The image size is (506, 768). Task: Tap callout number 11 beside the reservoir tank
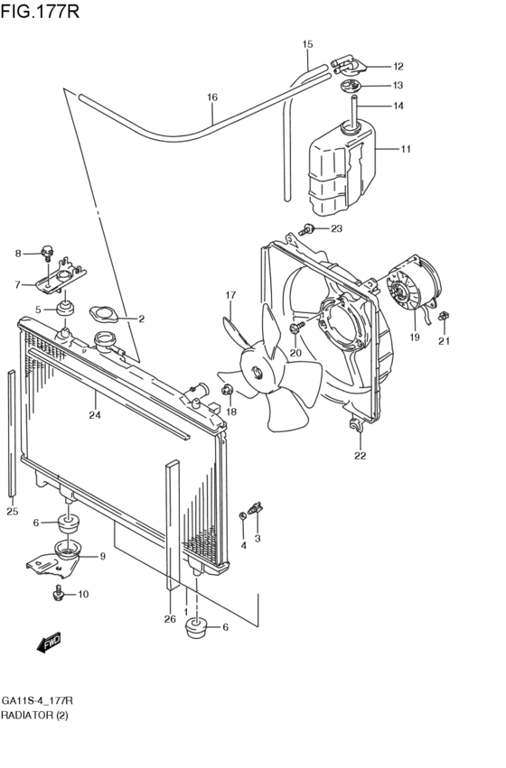pyautogui.click(x=406, y=149)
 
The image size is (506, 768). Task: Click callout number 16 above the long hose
pyautogui.click(x=212, y=97)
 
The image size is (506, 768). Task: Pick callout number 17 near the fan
pyautogui.click(x=230, y=295)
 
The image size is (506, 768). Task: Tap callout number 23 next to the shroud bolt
pyautogui.click(x=336, y=228)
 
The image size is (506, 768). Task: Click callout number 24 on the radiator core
pyautogui.click(x=94, y=416)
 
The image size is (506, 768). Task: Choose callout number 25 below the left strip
pyautogui.click(x=12, y=512)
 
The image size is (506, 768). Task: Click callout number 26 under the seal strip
pyautogui.click(x=169, y=618)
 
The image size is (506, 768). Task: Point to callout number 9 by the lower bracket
pyautogui.click(x=103, y=556)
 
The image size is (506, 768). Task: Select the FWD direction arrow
pyautogui.click(x=49, y=643)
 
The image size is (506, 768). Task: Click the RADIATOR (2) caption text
pyautogui.click(x=33, y=716)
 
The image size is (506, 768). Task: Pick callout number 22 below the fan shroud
pyautogui.click(x=360, y=456)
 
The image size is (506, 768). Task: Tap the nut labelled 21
pyautogui.click(x=444, y=317)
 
